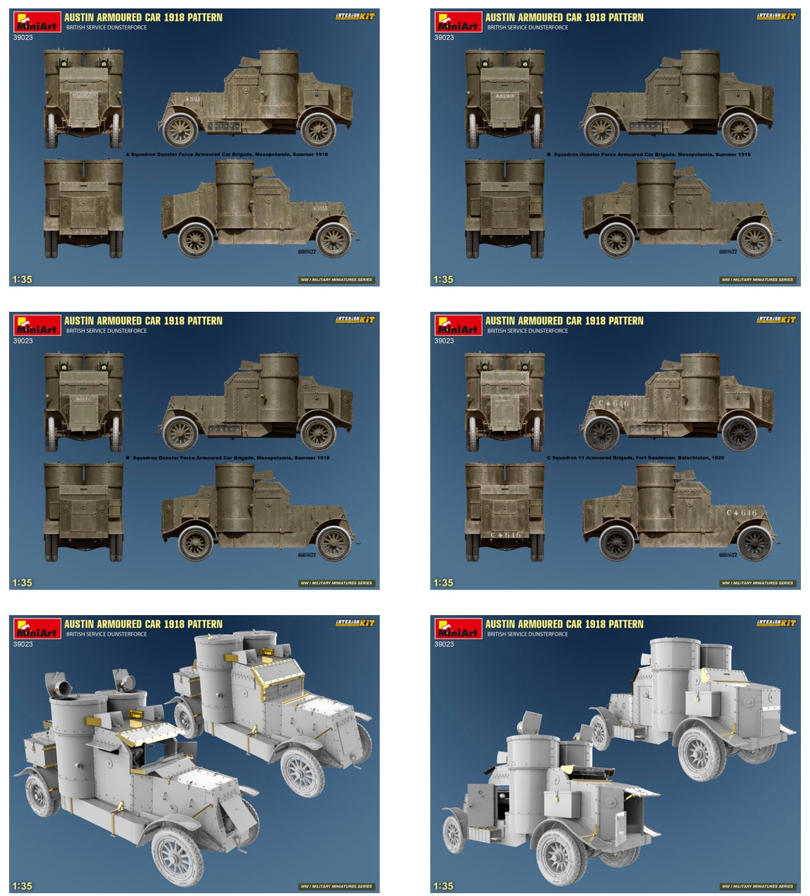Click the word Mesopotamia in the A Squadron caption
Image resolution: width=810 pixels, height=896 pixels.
pos(270,154)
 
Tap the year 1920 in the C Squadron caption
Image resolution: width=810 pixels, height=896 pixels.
pos(717,458)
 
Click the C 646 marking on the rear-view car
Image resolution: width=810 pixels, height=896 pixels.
pos(505,535)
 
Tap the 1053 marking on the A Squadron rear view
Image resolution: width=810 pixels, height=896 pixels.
pos(83,231)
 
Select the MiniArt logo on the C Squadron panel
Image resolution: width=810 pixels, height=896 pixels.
pos(458,325)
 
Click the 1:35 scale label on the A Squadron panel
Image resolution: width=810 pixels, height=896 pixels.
pos(22,279)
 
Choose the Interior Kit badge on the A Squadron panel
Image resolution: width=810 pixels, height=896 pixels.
pos(355,16)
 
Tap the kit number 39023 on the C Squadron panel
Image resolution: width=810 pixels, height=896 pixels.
pos(444,341)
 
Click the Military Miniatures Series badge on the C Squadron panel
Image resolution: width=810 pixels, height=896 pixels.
pos(757,583)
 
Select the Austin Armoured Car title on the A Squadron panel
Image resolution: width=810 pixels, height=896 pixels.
pos(143,18)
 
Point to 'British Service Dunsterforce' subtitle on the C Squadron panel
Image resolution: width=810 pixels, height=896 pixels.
pos(527,331)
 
